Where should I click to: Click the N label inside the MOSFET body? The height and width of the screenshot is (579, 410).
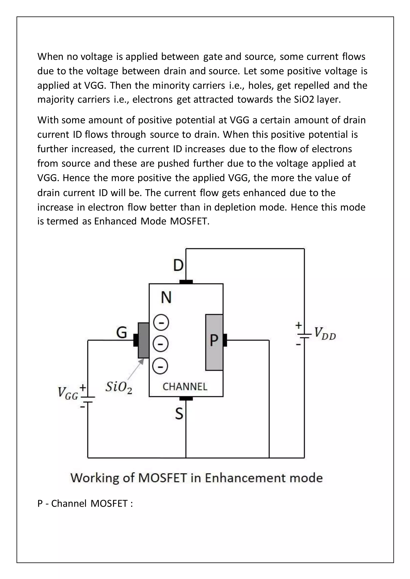click(x=166, y=297)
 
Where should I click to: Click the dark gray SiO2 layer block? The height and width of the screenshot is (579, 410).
click(x=143, y=340)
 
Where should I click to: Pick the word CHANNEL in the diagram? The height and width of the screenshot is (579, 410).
click(x=185, y=387)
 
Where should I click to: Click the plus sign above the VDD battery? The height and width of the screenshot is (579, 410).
click(x=299, y=325)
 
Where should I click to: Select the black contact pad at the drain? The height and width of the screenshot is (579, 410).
click(x=186, y=282)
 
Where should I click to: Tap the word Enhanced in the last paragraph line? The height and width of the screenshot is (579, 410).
click(x=115, y=221)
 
